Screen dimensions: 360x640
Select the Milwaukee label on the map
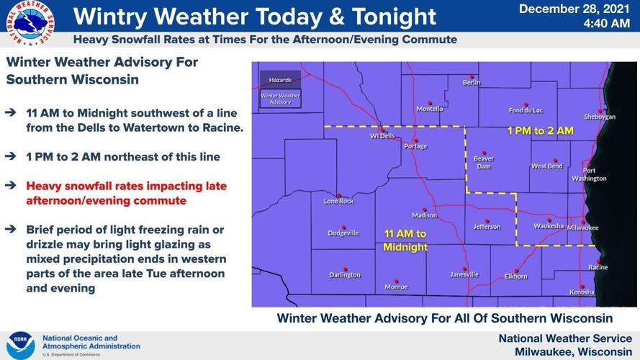(583, 228)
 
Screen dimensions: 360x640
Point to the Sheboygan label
(600, 117)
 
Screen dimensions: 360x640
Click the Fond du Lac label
(526, 111)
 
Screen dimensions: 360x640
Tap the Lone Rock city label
(339, 201)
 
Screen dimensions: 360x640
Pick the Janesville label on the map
(464, 275)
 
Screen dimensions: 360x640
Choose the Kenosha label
(582, 292)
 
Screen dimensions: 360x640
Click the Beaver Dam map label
(483, 162)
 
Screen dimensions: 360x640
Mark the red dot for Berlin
(472, 77)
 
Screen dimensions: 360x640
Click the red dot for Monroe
(395, 281)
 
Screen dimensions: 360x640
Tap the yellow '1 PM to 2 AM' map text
(540, 131)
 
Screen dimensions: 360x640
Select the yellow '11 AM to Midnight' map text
(405, 240)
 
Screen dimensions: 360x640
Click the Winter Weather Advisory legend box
(281, 99)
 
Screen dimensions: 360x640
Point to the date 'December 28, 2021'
(574, 9)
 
